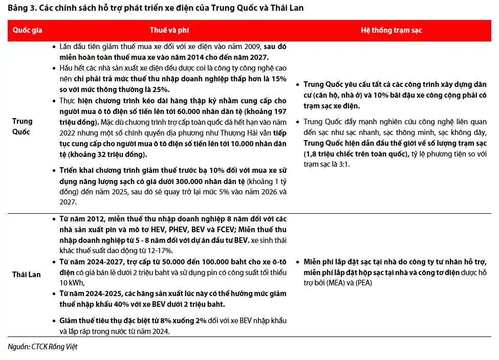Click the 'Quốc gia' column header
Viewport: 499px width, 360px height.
pos(28,31)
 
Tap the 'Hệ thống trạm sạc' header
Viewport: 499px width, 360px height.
pos(392,31)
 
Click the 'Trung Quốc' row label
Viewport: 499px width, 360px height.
pos(23,126)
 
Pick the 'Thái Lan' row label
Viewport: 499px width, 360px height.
pos(27,275)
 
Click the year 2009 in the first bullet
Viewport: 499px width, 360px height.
pos(254,47)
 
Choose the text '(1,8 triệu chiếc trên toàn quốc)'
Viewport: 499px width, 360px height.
pos(356,154)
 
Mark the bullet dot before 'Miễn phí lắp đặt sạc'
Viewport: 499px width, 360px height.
pos(298,261)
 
